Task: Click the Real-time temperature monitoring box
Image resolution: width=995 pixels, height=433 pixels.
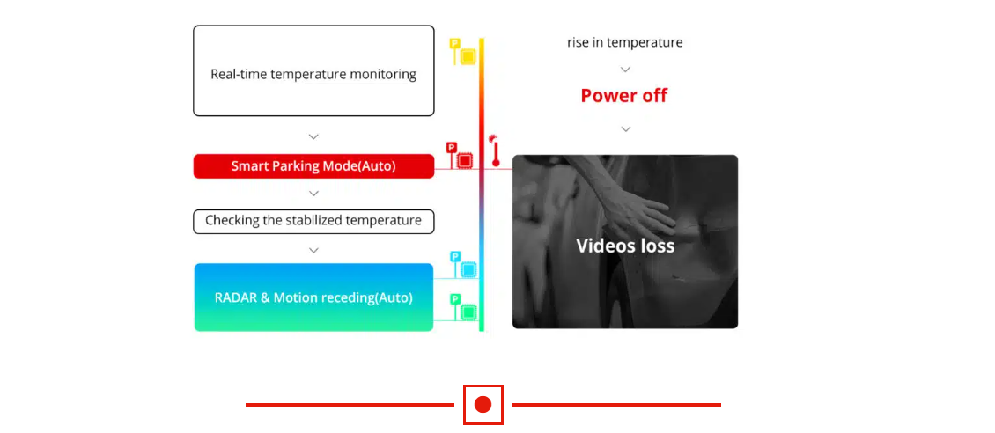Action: tap(313, 70)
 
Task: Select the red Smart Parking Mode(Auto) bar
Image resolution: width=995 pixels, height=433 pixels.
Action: tap(313, 166)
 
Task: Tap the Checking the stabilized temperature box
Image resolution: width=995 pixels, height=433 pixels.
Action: tap(313, 221)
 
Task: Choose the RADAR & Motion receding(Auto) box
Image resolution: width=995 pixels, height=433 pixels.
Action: tap(313, 297)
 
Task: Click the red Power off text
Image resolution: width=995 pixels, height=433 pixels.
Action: tap(624, 96)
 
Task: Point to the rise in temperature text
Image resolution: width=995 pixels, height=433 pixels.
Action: tap(625, 42)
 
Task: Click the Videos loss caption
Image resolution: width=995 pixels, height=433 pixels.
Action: tap(625, 246)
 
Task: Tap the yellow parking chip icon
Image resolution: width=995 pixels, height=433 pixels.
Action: tap(463, 51)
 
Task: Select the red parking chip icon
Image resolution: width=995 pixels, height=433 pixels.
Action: tap(461, 155)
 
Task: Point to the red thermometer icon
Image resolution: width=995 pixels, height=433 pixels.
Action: tap(495, 150)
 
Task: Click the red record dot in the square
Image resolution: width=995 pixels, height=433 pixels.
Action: tap(483, 405)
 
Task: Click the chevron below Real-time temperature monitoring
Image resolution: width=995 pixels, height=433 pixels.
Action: tap(313, 136)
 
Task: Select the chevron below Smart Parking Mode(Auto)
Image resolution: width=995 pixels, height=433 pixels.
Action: tap(313, 194)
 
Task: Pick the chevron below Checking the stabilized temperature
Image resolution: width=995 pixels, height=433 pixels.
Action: tap(313, 251)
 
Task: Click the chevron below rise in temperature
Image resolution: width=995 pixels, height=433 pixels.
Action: tap(625, 70)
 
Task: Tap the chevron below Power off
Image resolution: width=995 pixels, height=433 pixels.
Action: tap(626, 129)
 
